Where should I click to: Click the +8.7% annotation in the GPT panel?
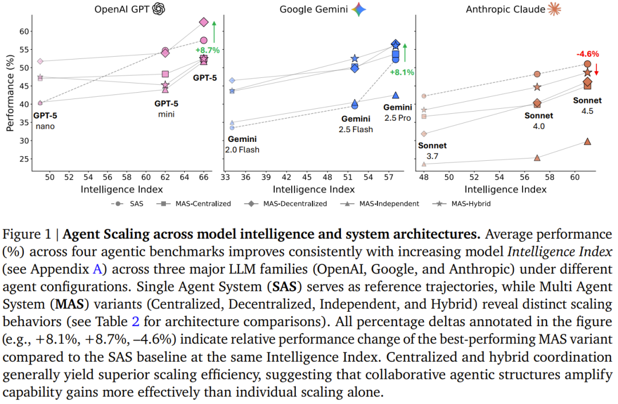pyautogui.click(x=207, y=50)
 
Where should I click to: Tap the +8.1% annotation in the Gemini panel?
pyautogui.click(x=402, y=72)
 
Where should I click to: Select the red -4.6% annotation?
pyautogui.click(x=588, y=54)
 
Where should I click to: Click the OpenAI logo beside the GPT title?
pyautogui.click(x=159, y=9)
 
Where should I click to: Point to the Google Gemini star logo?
pyautogui.click(x=359, y=9)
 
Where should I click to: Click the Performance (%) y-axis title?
pyautogui.click(x=10, y=93)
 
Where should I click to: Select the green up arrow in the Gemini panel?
pyautogui.click(x=405, y=53)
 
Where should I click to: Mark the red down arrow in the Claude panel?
pyautogui.click(x=596, y=70)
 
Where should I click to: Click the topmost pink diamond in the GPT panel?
pyautogui.click(x=204, y=22)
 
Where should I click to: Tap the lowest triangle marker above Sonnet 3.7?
pyautogui.click(x=424, y=164)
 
